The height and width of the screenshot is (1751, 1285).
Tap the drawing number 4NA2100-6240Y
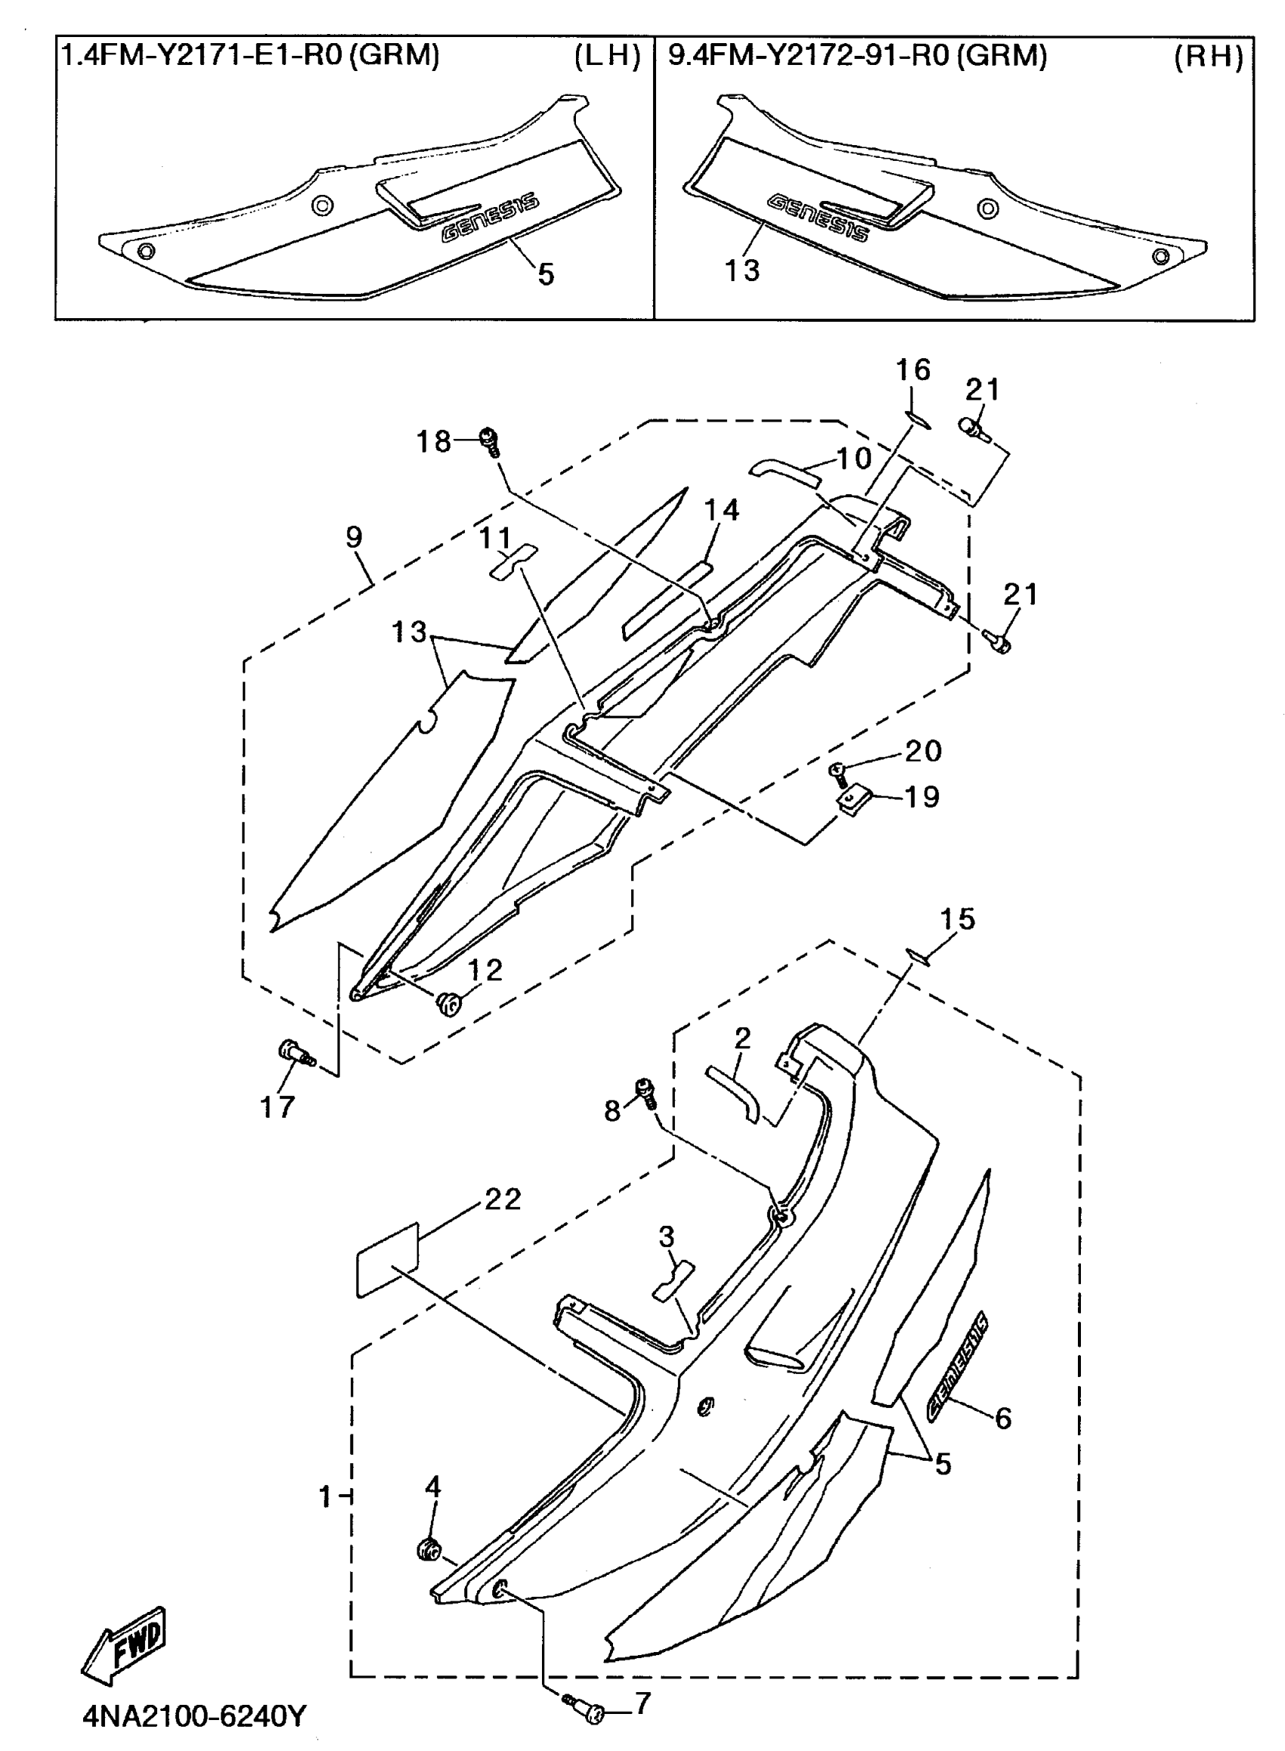click(194, 1715)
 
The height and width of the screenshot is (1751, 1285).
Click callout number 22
click(503, 1199)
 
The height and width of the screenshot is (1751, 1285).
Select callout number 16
click(913, 370)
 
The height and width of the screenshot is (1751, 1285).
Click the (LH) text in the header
click(608, 56)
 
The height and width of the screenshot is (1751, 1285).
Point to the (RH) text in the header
click(1208, 56)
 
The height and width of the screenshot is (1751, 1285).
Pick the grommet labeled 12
click(449, 1003)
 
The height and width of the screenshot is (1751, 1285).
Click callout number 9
click(354, 537)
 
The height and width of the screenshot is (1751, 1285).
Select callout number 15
click(958, 919)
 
